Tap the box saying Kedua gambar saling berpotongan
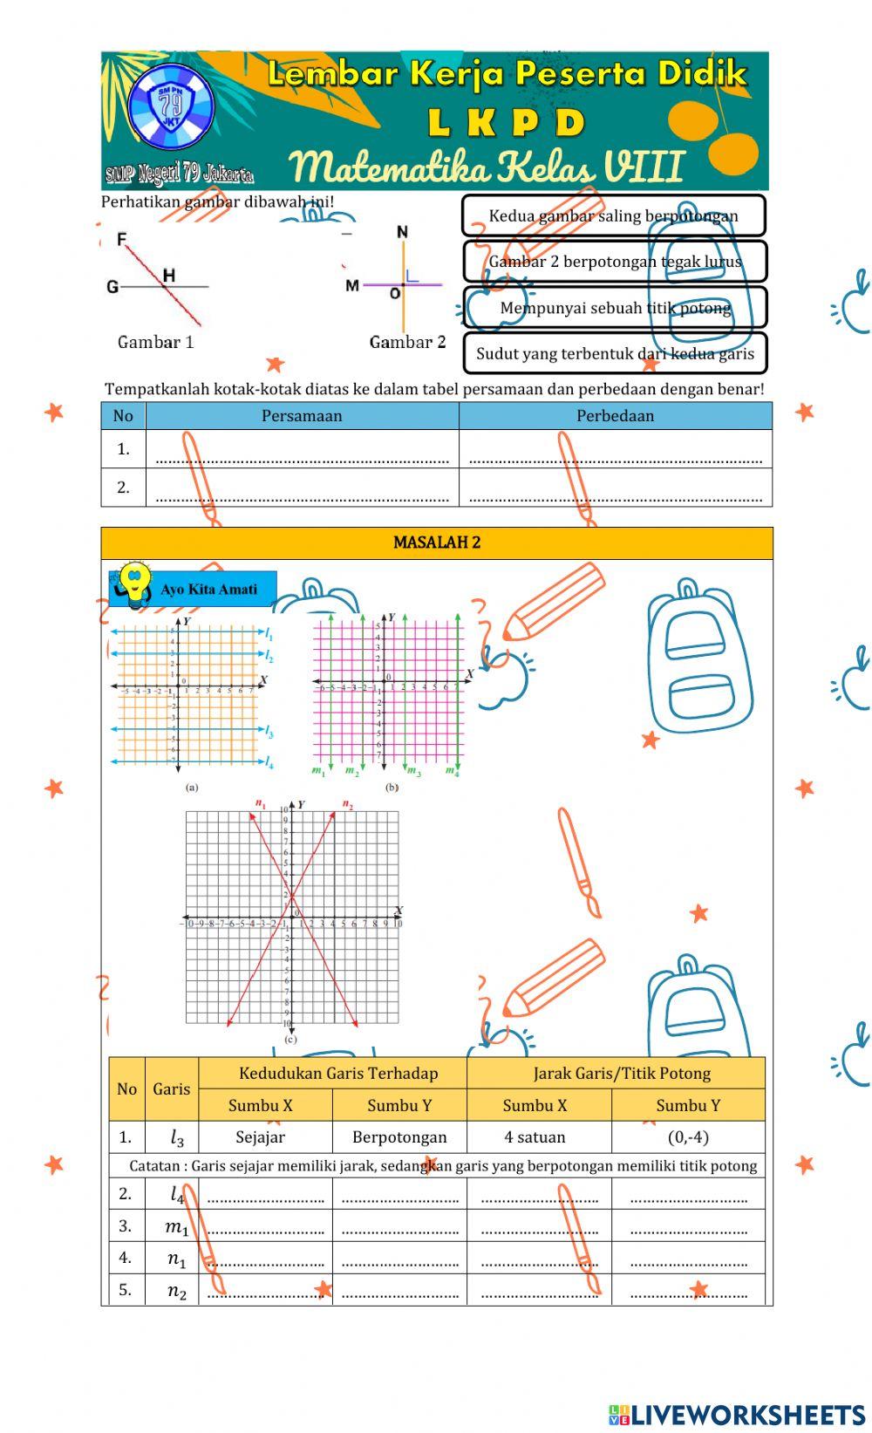tap(613, 215)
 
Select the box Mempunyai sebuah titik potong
tap(615, 308)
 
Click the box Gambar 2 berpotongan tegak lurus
tap(615, 262)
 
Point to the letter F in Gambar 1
tap(122, 239)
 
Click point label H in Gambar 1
tap(169, 276)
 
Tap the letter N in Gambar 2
tap(402, 232)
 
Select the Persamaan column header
tap(302, 416)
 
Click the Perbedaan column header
tap(615, 416)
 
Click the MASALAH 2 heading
tap(437, 542)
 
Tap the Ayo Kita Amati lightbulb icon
tap(135, 584)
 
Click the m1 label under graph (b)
tap(318, 771)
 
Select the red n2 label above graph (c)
tap(348, 804)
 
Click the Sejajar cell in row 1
tap(260, 1137)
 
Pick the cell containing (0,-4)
tap(687, 1137)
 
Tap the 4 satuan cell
tap(535, 1137)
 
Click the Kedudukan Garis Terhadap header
tap(338, 1074)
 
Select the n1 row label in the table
tap(176, 1259)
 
